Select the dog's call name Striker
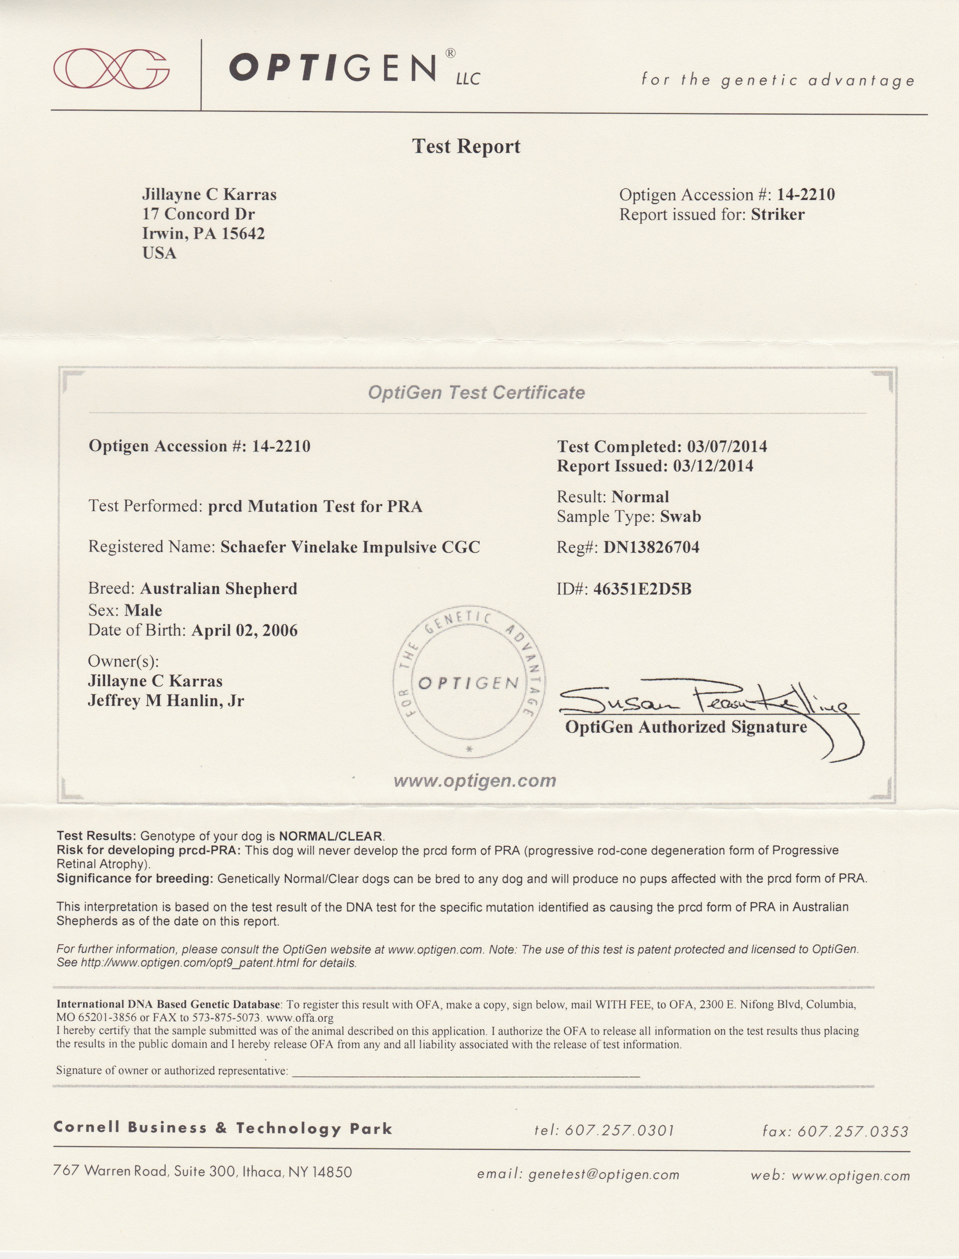(777, 215)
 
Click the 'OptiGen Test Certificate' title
(476, 393)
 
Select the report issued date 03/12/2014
(713, 466)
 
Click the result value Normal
(640, 497)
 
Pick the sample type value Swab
(681, 516)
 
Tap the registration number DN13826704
(651, 547)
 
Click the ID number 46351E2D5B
(642, 589)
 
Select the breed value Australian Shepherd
(219, 589)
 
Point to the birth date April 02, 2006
(244, 630)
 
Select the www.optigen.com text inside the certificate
(475, 781)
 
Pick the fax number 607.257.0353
(852, 1131)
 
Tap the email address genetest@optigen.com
(604, 1175)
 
